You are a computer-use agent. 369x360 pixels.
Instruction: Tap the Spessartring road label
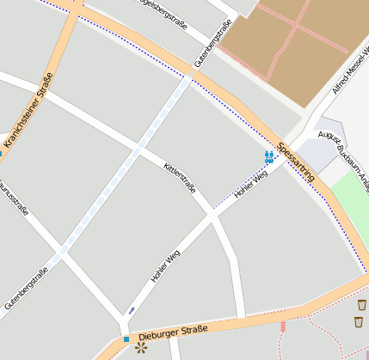point(297,161)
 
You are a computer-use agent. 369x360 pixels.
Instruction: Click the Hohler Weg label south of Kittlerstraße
point(165,265)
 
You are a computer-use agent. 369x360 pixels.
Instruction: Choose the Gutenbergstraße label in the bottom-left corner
point(26,287)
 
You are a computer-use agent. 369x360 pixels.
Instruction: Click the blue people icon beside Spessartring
point(269,156)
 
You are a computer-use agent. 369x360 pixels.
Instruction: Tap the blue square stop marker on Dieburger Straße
point(126,339)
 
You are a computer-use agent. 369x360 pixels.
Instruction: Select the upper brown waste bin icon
point(361,304)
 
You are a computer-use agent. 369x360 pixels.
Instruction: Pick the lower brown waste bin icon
point(358,321)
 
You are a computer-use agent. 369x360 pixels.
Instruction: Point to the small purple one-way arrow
point(132,309)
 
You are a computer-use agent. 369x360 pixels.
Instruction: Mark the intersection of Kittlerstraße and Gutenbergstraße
point(136,149)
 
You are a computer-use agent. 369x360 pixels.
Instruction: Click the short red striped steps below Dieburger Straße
point(282,327)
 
